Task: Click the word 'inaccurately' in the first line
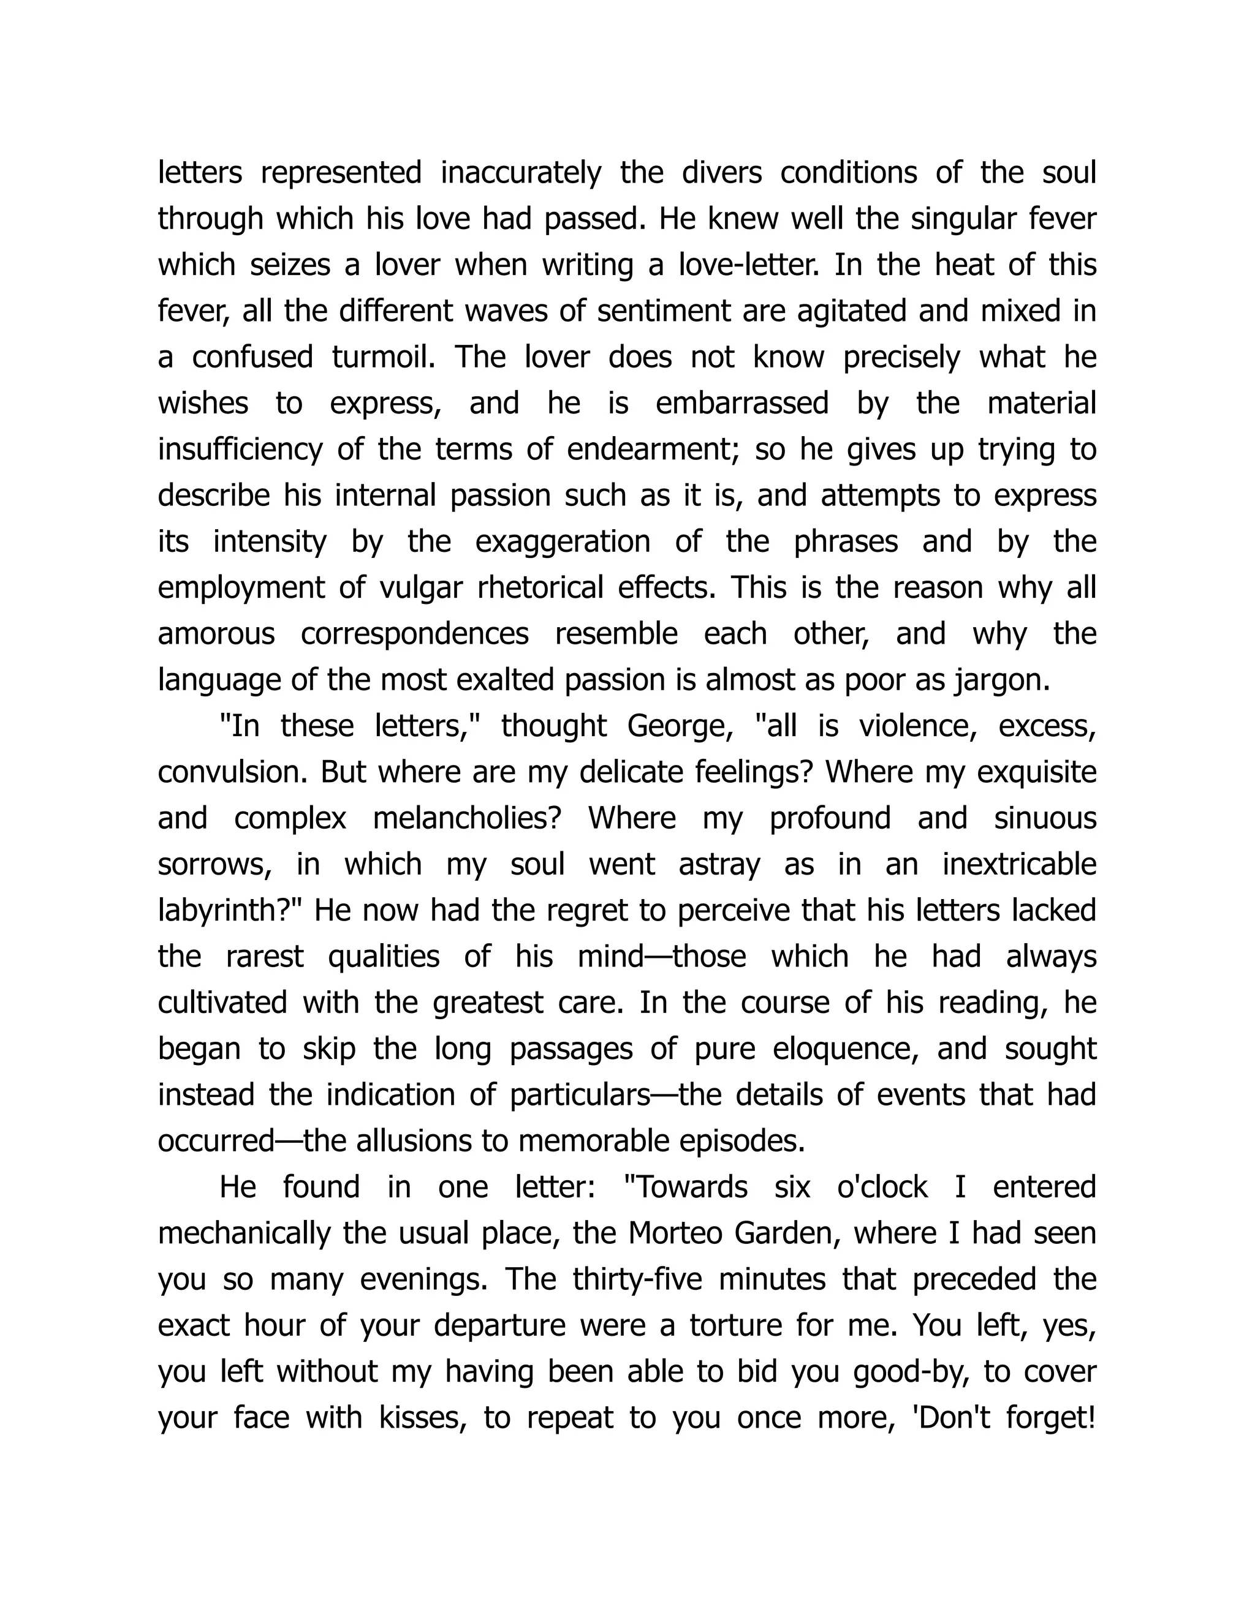pyautogui.click(x=520, y=173)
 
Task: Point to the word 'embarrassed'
pyautogui.click(x=742, y=404)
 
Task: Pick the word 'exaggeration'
pyautogui.click(x=562, y=542)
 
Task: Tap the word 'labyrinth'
pyautogui.click(x=227, y=910)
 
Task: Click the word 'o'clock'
pyautogui.click(x=882, y=1187)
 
